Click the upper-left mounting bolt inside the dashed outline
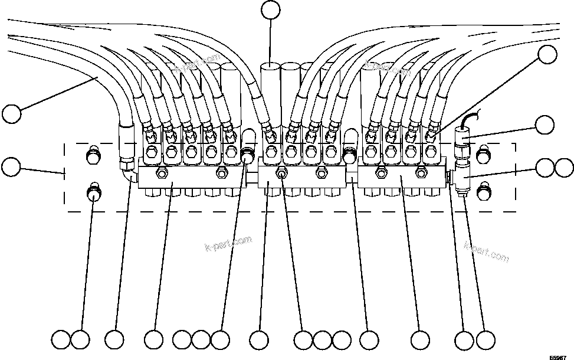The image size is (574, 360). (92, 156)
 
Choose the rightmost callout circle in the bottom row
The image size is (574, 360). (484, 340)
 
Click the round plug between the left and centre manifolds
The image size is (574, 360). (248, 156)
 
